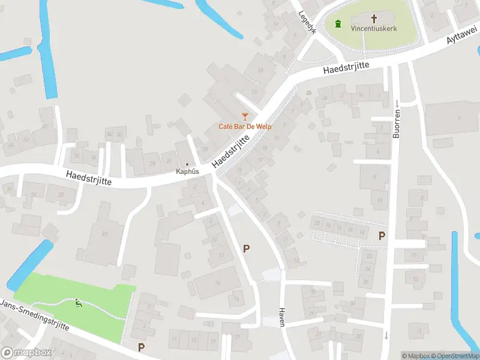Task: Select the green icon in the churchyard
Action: click(338, 24)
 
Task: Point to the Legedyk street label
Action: click(306, 22)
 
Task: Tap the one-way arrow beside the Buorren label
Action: click(397, 104)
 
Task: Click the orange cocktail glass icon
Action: click(244, 115)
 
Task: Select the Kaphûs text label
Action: click(187, 172)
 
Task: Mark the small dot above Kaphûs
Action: click(187, 164)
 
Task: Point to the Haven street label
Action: click(281, 316)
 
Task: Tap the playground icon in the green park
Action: click(78, 303)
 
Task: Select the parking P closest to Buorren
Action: click(382, 236)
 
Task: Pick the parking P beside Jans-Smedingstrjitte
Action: click(142, 347)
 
